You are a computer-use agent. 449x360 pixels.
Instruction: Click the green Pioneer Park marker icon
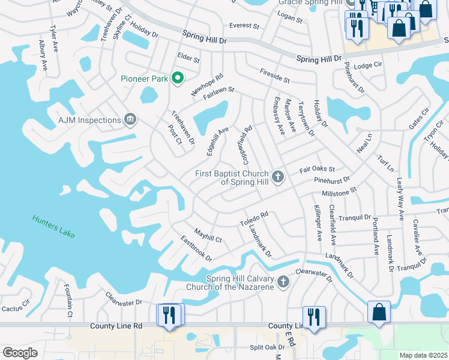pos(177,78)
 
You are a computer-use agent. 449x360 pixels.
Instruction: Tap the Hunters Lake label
pos(54,227)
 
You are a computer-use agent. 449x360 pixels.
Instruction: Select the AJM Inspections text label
pos(90,120)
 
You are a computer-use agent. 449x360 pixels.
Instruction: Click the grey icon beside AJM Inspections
pos(130,120)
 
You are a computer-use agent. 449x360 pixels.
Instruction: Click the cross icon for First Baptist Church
pos(277,176)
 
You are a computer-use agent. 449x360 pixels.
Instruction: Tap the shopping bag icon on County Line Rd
pos(379,312)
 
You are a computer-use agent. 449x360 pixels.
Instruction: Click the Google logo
pos(20,353)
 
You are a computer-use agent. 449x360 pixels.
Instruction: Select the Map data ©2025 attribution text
pos(423,355)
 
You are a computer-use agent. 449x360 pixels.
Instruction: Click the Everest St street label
pos(244,26)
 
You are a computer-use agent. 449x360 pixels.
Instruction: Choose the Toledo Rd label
pos(254,218)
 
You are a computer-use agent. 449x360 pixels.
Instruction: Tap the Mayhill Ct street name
pos(208,235)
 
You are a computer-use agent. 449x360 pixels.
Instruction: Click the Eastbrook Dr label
pos(196,248)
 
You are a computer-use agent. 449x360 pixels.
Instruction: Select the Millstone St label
pos(340,193)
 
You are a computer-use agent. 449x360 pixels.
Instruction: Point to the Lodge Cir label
pos(369,65)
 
